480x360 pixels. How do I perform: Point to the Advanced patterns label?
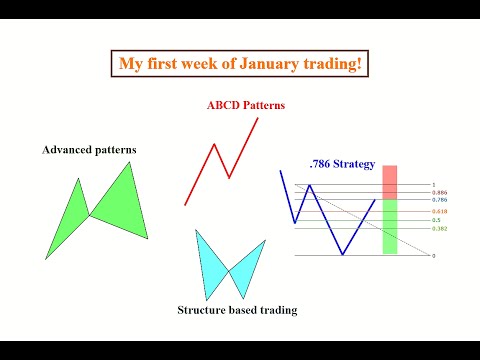click(x=89, y=150)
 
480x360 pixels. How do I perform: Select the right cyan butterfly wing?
click(x=247, y=265)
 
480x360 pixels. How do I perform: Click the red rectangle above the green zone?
click(x=390, y=181)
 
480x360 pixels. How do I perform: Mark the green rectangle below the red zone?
click(x=390, y=225)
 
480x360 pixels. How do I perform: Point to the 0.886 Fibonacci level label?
click(x=439, y=192)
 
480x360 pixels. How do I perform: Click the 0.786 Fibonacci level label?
click(x=439, y=200)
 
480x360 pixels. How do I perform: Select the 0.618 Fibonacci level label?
click(x=439, y=211)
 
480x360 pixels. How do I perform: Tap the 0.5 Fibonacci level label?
click(x=437, y=219)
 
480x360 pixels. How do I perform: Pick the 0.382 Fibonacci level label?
click(x=439, y=228)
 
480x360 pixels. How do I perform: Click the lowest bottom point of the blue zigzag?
click(x=342, y=255)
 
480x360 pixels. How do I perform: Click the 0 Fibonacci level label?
click(x=434, y=256)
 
